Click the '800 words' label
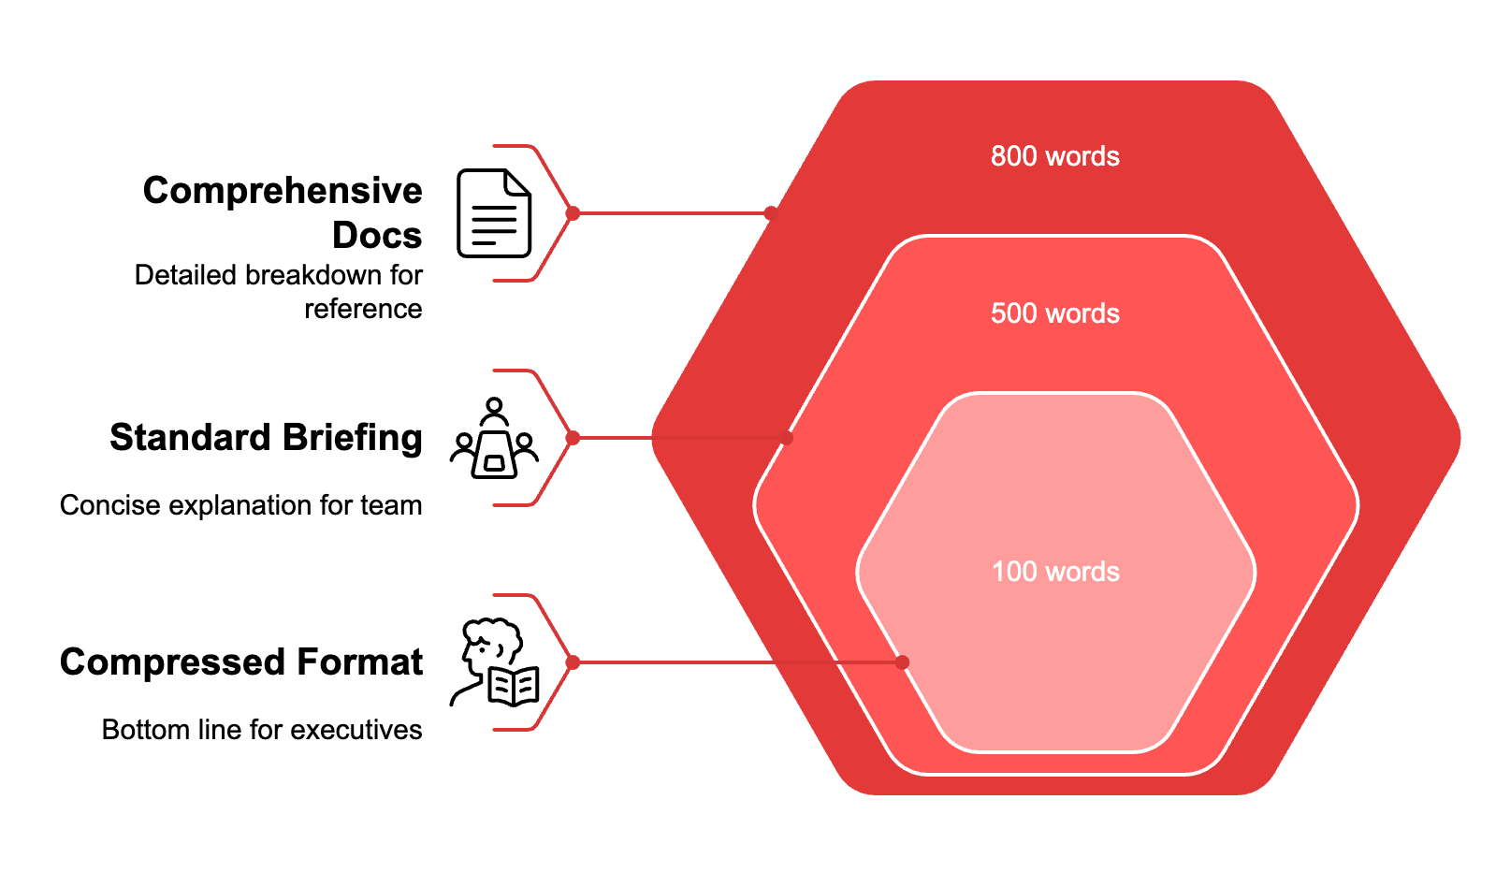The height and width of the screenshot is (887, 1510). tap(1054, 156)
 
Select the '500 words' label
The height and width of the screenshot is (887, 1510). tap(1054, 313)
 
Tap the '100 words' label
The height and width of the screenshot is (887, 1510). tap(1054, 572)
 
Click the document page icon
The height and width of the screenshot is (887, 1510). tap(494, 213)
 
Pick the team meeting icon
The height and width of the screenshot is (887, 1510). tap(494, 438)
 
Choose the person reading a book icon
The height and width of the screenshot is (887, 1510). tap(494, 662)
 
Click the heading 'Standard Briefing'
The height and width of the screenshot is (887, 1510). tap(266, 438)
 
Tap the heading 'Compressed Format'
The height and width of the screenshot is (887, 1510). tap(241, 662)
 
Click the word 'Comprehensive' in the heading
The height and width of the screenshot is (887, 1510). tap(283, 191)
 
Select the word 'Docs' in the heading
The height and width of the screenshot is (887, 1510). tap(377, 236)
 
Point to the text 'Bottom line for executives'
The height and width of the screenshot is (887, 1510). tap(262, 730)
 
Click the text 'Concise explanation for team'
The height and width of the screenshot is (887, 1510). tap(241, 505)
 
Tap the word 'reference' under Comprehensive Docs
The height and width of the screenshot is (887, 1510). tap(363, 309)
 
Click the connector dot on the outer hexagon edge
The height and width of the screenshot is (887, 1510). tap(771, 213)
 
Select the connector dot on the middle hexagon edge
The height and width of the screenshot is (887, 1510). tap(787, 438)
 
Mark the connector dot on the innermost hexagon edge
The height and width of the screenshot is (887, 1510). tap(902, 662)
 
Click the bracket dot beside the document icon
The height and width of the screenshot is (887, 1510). tap(573, 213)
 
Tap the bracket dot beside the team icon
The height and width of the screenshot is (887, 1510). tap(573, 438)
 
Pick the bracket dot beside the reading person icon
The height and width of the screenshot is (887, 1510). tap(573, 662)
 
